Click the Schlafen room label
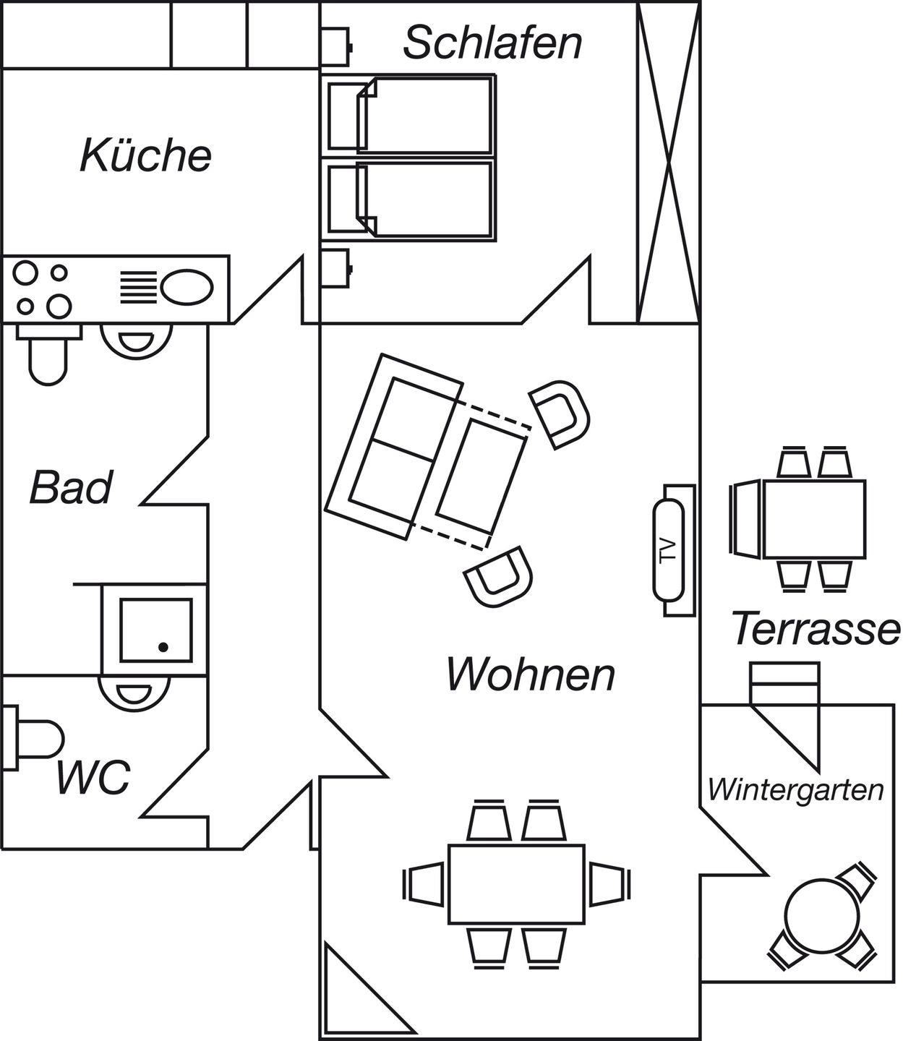click(492, 42)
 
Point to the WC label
click(94, 776)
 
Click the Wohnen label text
click(531, 674)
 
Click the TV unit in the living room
click(669, 550)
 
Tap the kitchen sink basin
click(187, 287)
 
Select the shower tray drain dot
click(163, 646)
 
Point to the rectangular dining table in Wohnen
click(516, 883)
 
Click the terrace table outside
click(814, 519)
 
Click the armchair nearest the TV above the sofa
click(560, 413)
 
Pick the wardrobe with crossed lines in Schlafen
click(668, 160)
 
